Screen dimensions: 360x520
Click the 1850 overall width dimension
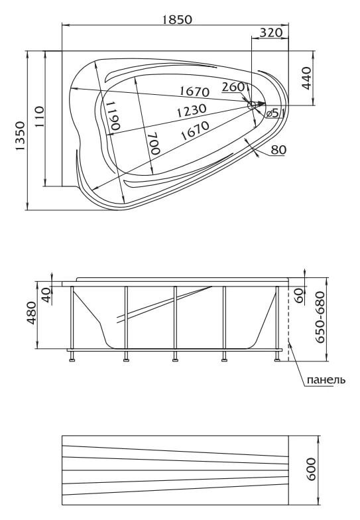(177, 20)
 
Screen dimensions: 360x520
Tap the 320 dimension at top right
(270, 32)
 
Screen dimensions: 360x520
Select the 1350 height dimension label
(21, 136)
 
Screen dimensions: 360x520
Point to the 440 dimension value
(306, 78)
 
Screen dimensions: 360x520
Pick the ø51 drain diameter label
(274, 113)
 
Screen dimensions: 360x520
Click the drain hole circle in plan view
(252, 105)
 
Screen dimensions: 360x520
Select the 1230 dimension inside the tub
(191, 110)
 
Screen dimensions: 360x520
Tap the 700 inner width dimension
(154, 143)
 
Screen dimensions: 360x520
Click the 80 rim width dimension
(278, 150)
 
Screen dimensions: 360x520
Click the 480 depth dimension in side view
(32, 312)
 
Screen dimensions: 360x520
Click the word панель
(326, 379)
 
